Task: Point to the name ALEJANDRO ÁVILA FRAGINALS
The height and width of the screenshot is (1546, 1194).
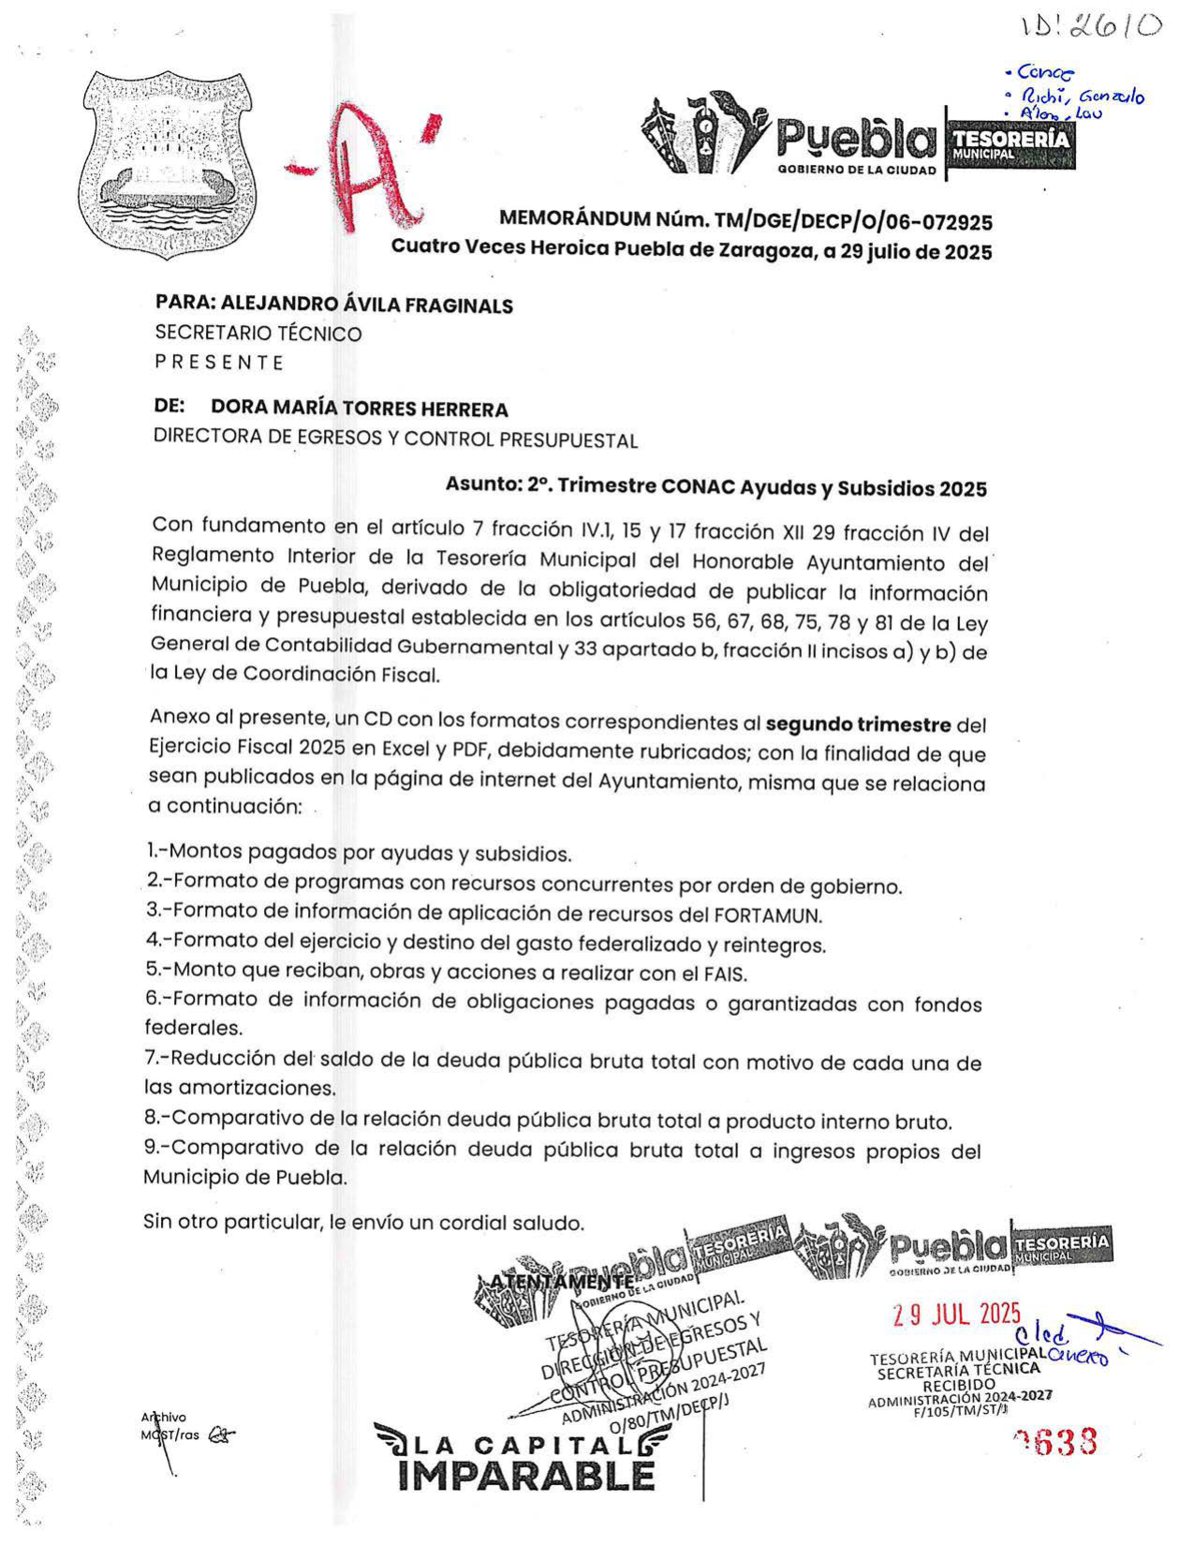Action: click(367, 305)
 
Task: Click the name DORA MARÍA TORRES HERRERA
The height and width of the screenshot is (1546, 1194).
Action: click(360, 409)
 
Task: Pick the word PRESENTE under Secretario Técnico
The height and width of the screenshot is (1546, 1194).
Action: click(219, 363)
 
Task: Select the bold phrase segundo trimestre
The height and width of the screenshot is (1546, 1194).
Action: click(858, 725)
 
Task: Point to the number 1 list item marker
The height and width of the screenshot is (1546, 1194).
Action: click(152, 851)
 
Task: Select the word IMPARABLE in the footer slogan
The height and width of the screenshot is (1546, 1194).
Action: click(526, 1476)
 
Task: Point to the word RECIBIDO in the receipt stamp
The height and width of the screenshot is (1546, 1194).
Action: click(958, 1385)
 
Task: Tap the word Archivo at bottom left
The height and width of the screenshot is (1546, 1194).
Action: click(164, 1418)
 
